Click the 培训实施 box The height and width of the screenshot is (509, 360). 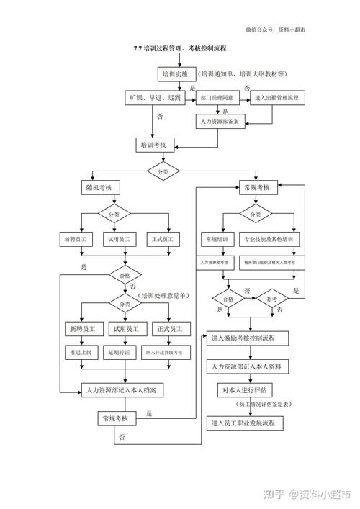(x=174, y=73)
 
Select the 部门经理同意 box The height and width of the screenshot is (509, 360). (x=216, y=96)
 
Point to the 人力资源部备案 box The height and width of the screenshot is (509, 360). (x=225, y=121)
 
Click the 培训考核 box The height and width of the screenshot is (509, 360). (x=153, y=145)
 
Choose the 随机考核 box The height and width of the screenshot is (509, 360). (x=99, y=187)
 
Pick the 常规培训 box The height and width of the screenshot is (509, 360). (x=217, y=238)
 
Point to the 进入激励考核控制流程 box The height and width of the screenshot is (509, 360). (x=248, y=337)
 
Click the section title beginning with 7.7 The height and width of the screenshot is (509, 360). (x=179, y=48)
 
